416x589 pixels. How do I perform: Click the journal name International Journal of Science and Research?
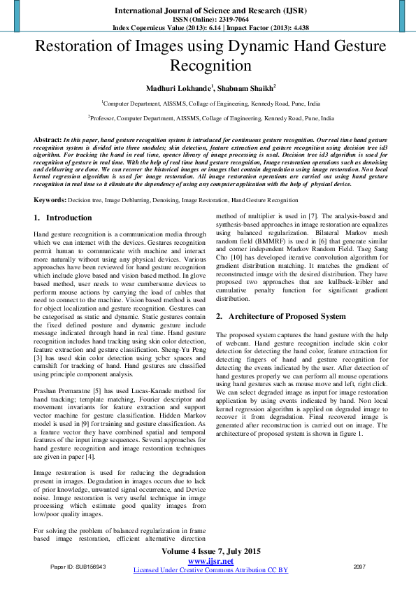pos(208,10)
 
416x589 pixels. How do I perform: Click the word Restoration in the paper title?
pos(75,48)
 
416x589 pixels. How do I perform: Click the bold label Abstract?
pos(48,140)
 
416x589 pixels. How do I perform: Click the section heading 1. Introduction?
pos(64,218)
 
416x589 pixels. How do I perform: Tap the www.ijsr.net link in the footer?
pos(210,561)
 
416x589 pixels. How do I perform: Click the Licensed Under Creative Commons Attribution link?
pos(210,570)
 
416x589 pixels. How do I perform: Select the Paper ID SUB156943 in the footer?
pos(78,567)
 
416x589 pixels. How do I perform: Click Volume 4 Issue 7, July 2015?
pos(210,552)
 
